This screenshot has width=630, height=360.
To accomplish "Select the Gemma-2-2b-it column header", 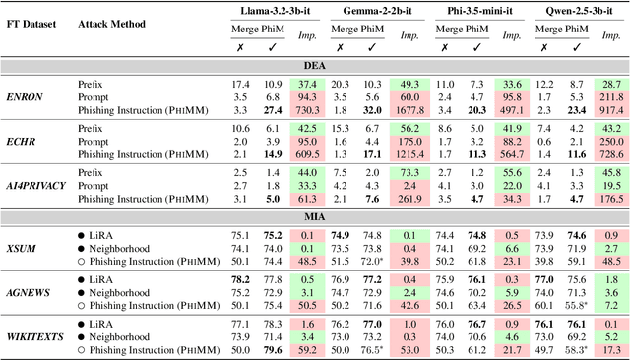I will (377, 11).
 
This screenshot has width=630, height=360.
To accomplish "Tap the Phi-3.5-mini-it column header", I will (474, 11).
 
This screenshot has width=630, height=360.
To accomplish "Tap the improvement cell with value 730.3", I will (308, 112).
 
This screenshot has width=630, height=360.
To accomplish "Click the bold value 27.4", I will (274, 112).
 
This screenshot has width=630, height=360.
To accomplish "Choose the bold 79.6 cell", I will (274, 350).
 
